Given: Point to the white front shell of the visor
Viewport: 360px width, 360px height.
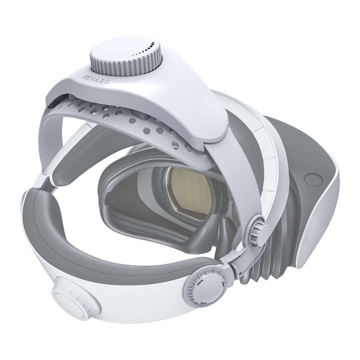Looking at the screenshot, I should coord(334,203).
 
